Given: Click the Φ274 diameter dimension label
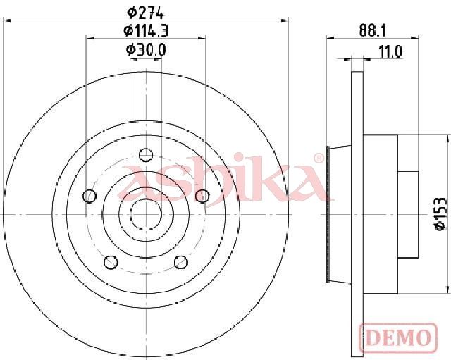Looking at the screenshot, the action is [145, 13].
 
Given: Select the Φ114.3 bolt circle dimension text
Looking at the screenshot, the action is [146, 31].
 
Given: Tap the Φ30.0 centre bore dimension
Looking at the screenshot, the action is [146, 50].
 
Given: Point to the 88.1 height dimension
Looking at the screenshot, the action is [373, 30].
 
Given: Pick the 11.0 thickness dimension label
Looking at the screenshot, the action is [390, 52].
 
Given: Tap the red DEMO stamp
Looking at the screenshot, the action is [398, 338].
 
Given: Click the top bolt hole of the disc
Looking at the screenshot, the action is [146, 155].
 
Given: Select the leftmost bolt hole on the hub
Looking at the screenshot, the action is [89, 196].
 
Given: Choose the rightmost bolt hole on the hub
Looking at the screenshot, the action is [202, 196].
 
